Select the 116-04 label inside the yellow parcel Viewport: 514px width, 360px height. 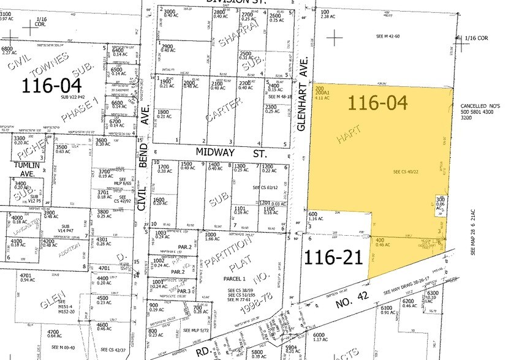tap(377, 102)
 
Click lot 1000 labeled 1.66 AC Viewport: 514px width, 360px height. tap(211, 237)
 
